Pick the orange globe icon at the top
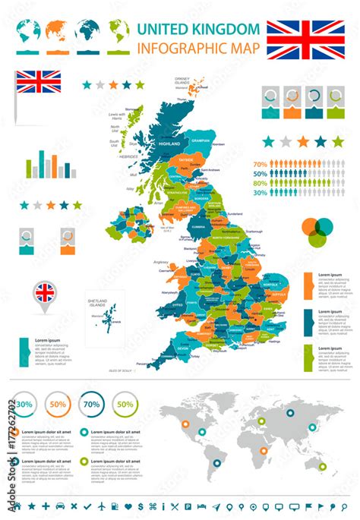(x=55, y=31)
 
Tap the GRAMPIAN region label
(x=201, y=141)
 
